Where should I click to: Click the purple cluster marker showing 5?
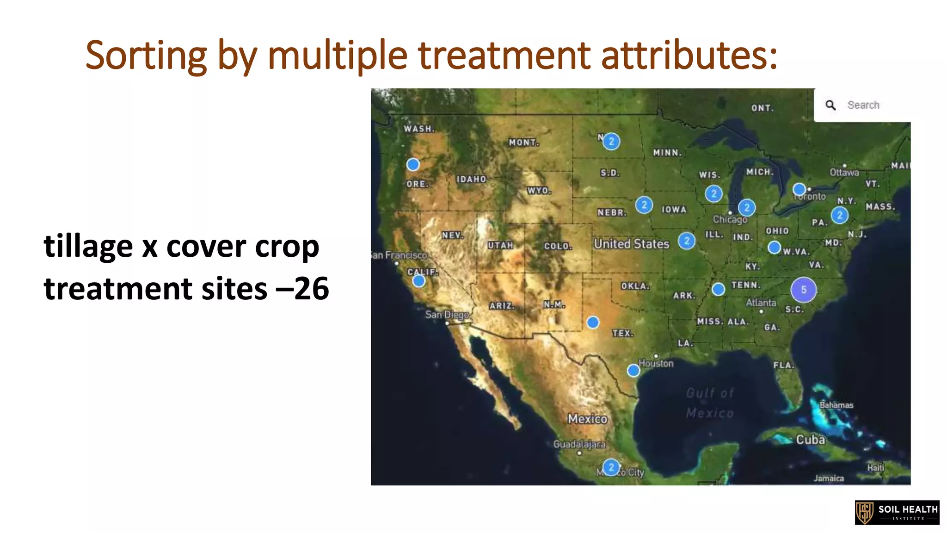pos(804,290)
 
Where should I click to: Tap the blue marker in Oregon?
pos(413,164)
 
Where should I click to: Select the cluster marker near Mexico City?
pos(611,467)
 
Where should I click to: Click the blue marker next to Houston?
pos(633,370)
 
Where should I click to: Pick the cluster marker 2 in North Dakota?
pos(611,141)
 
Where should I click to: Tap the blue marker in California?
pos(419,281)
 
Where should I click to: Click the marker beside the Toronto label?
pos(799,189)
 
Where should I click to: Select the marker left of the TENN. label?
pos(718,289)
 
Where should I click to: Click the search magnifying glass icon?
pos(830,105)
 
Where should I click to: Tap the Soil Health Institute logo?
pos(897,513)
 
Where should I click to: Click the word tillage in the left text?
pos(88,246)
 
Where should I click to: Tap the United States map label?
pos(631,244)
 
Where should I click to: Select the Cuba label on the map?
pos(810,439)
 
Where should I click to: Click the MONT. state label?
pos(523,143)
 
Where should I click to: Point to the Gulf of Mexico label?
pos(710,403)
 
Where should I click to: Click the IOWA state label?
pos(674,210)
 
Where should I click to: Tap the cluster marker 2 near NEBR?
pos(644,205)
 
